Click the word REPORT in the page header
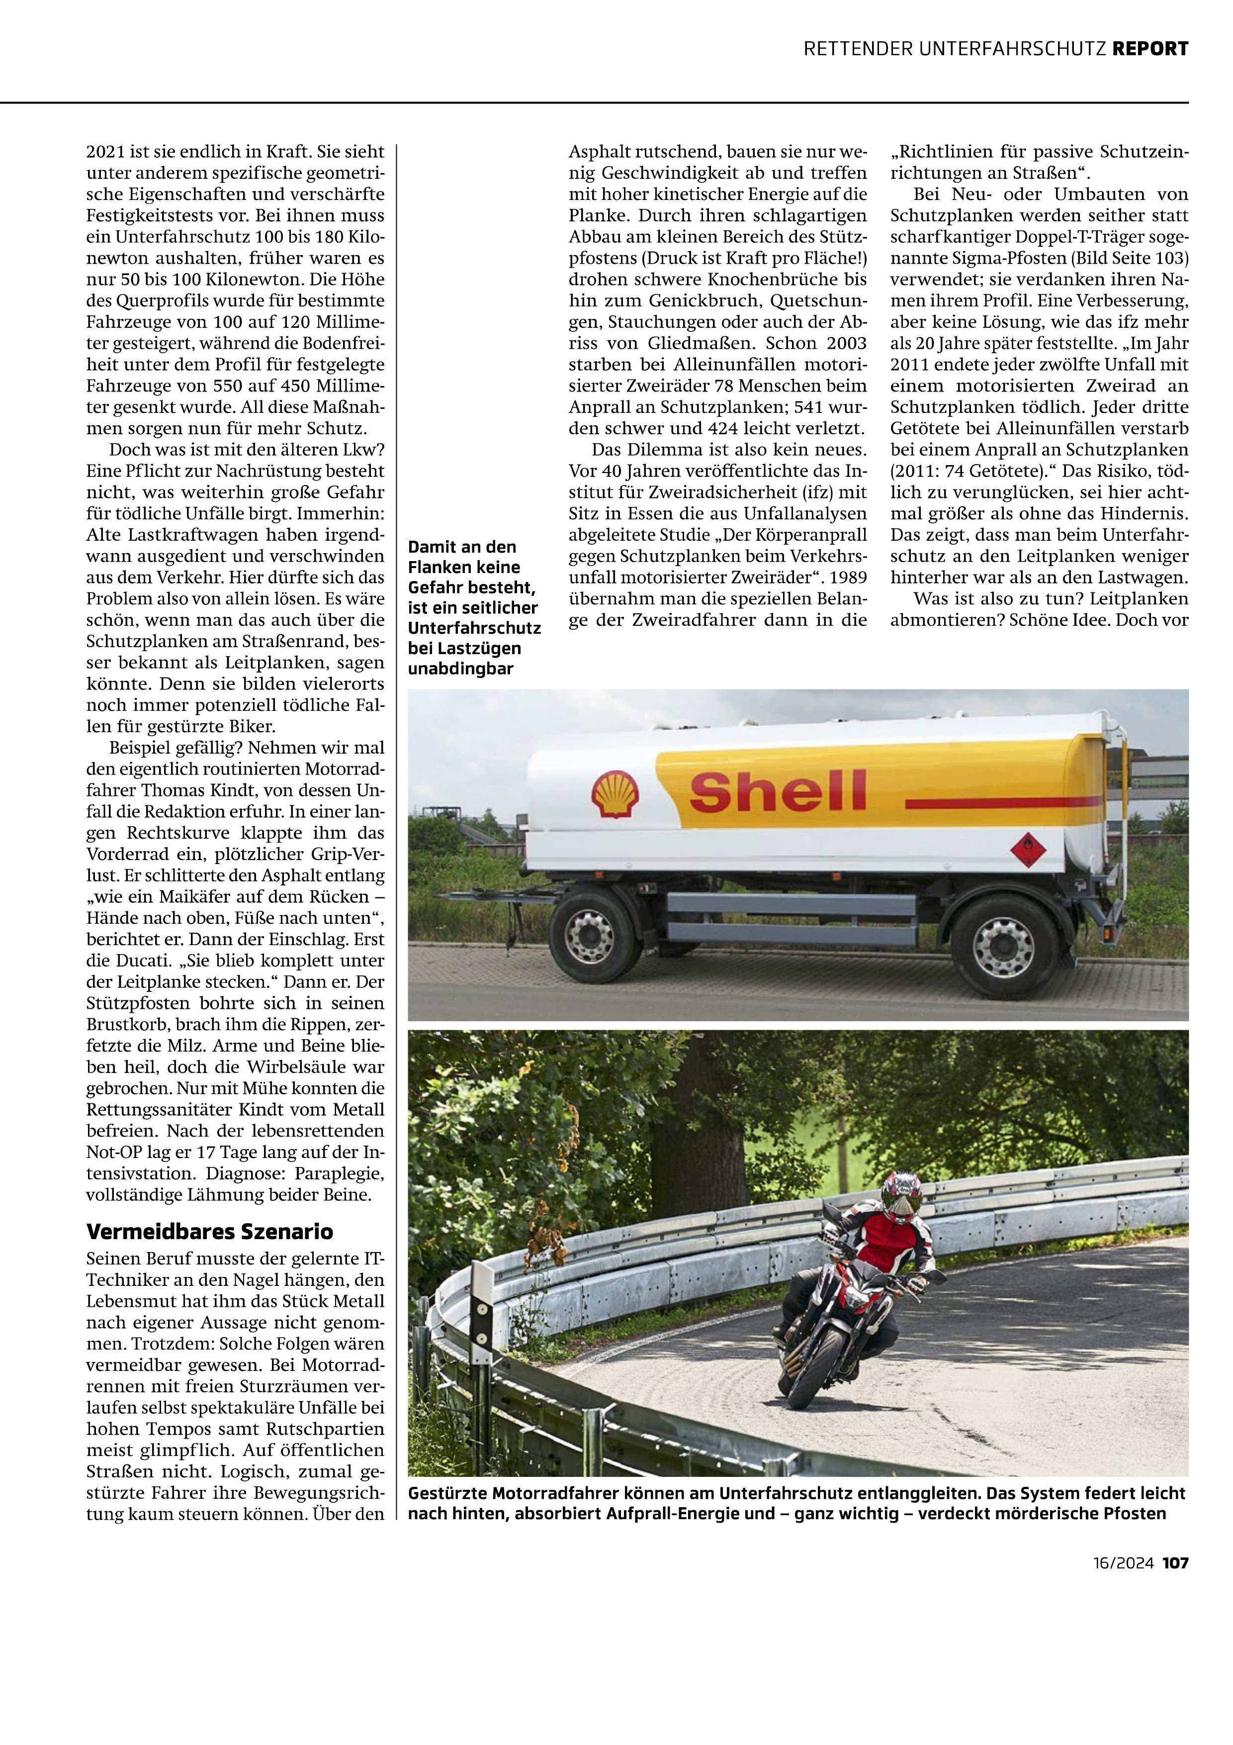pos(1149,49)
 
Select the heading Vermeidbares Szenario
pos(210,1231)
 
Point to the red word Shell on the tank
pos(777,790)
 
